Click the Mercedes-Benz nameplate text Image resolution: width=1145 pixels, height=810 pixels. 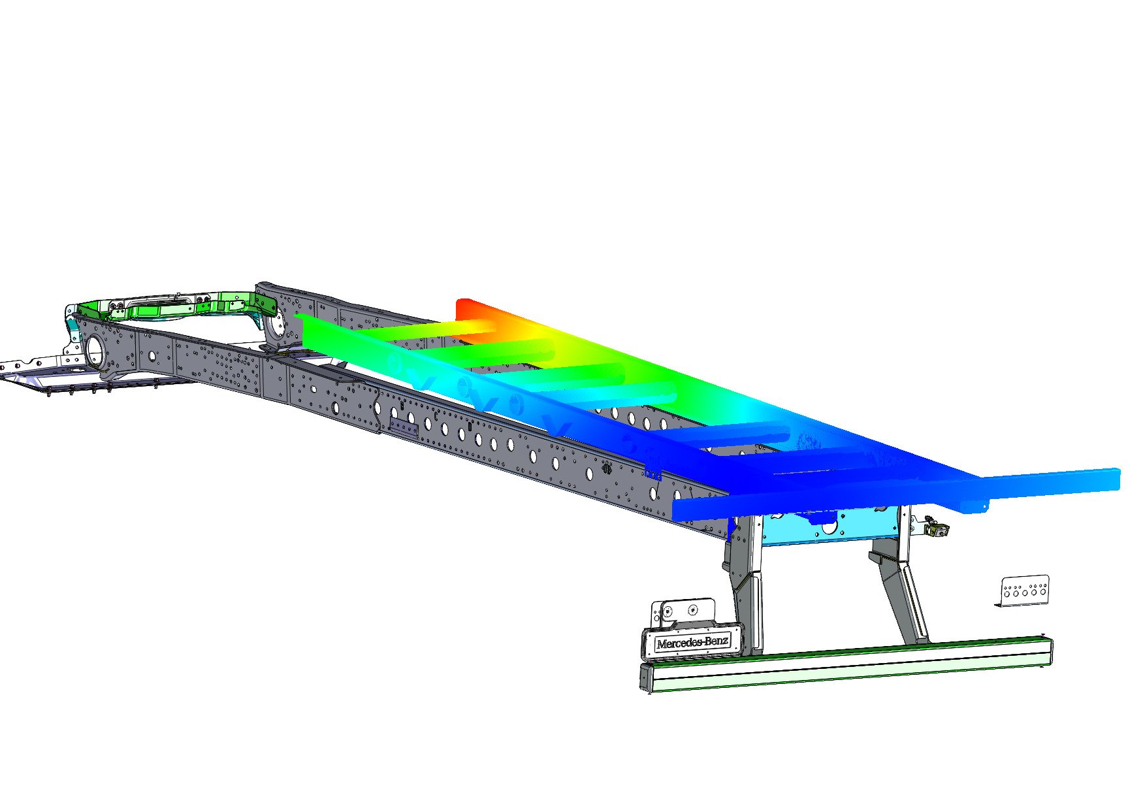692,642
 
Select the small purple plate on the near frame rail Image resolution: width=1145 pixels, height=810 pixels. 403,428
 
